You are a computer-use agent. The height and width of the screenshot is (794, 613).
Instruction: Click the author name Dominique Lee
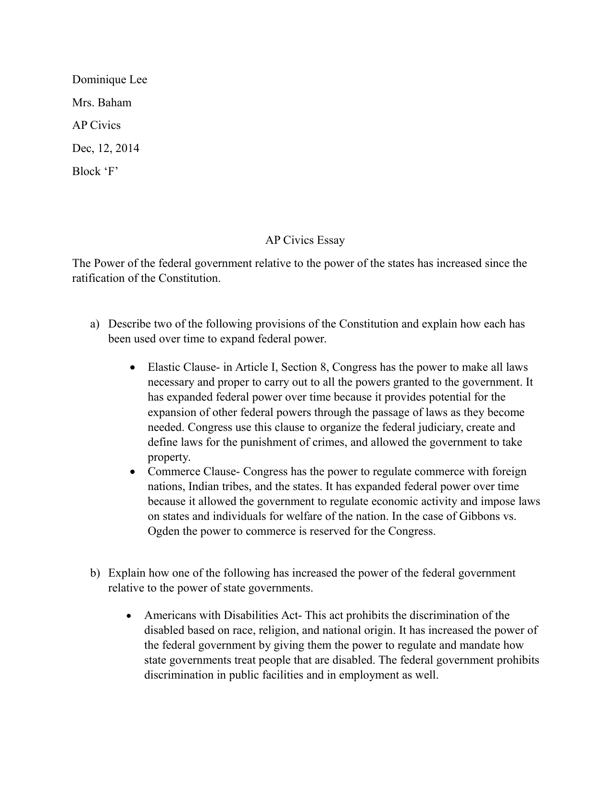110,79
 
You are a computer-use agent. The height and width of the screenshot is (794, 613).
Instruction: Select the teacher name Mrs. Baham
101,102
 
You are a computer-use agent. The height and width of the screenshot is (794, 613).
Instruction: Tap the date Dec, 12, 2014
106,148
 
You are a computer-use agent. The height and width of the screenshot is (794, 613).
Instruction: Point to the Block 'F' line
95,171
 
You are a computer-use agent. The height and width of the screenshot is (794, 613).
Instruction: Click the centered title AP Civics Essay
305,240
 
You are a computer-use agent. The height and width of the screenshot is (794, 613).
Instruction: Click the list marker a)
95,324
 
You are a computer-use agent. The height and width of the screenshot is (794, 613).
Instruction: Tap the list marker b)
95,573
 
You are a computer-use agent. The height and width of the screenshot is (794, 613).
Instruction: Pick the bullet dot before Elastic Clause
133,368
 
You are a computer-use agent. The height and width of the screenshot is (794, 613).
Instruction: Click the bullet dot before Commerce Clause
133,472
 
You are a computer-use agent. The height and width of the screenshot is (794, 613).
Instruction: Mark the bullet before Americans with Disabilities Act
129,616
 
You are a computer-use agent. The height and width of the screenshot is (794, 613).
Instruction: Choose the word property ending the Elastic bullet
169,457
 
